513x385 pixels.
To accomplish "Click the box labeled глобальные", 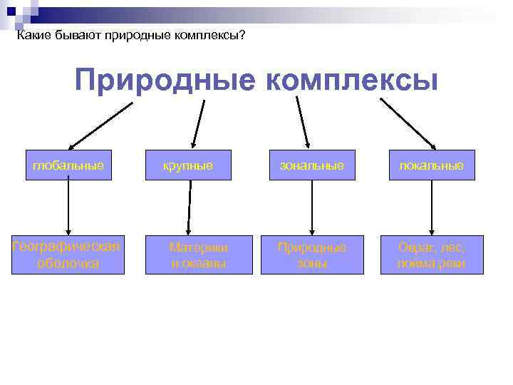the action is pos(68,165).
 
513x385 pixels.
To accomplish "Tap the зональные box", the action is pos(311,165).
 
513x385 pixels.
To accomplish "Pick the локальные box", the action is pos(431,165).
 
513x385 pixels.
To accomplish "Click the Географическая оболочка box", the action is pos(68,255).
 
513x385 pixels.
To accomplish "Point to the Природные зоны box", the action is pos(312,255).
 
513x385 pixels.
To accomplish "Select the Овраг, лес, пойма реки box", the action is pos(432,255).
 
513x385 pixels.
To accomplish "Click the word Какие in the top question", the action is pos(32,35).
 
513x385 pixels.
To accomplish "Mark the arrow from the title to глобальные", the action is pos(100,123).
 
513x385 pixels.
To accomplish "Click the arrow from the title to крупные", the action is pos(199,123).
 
